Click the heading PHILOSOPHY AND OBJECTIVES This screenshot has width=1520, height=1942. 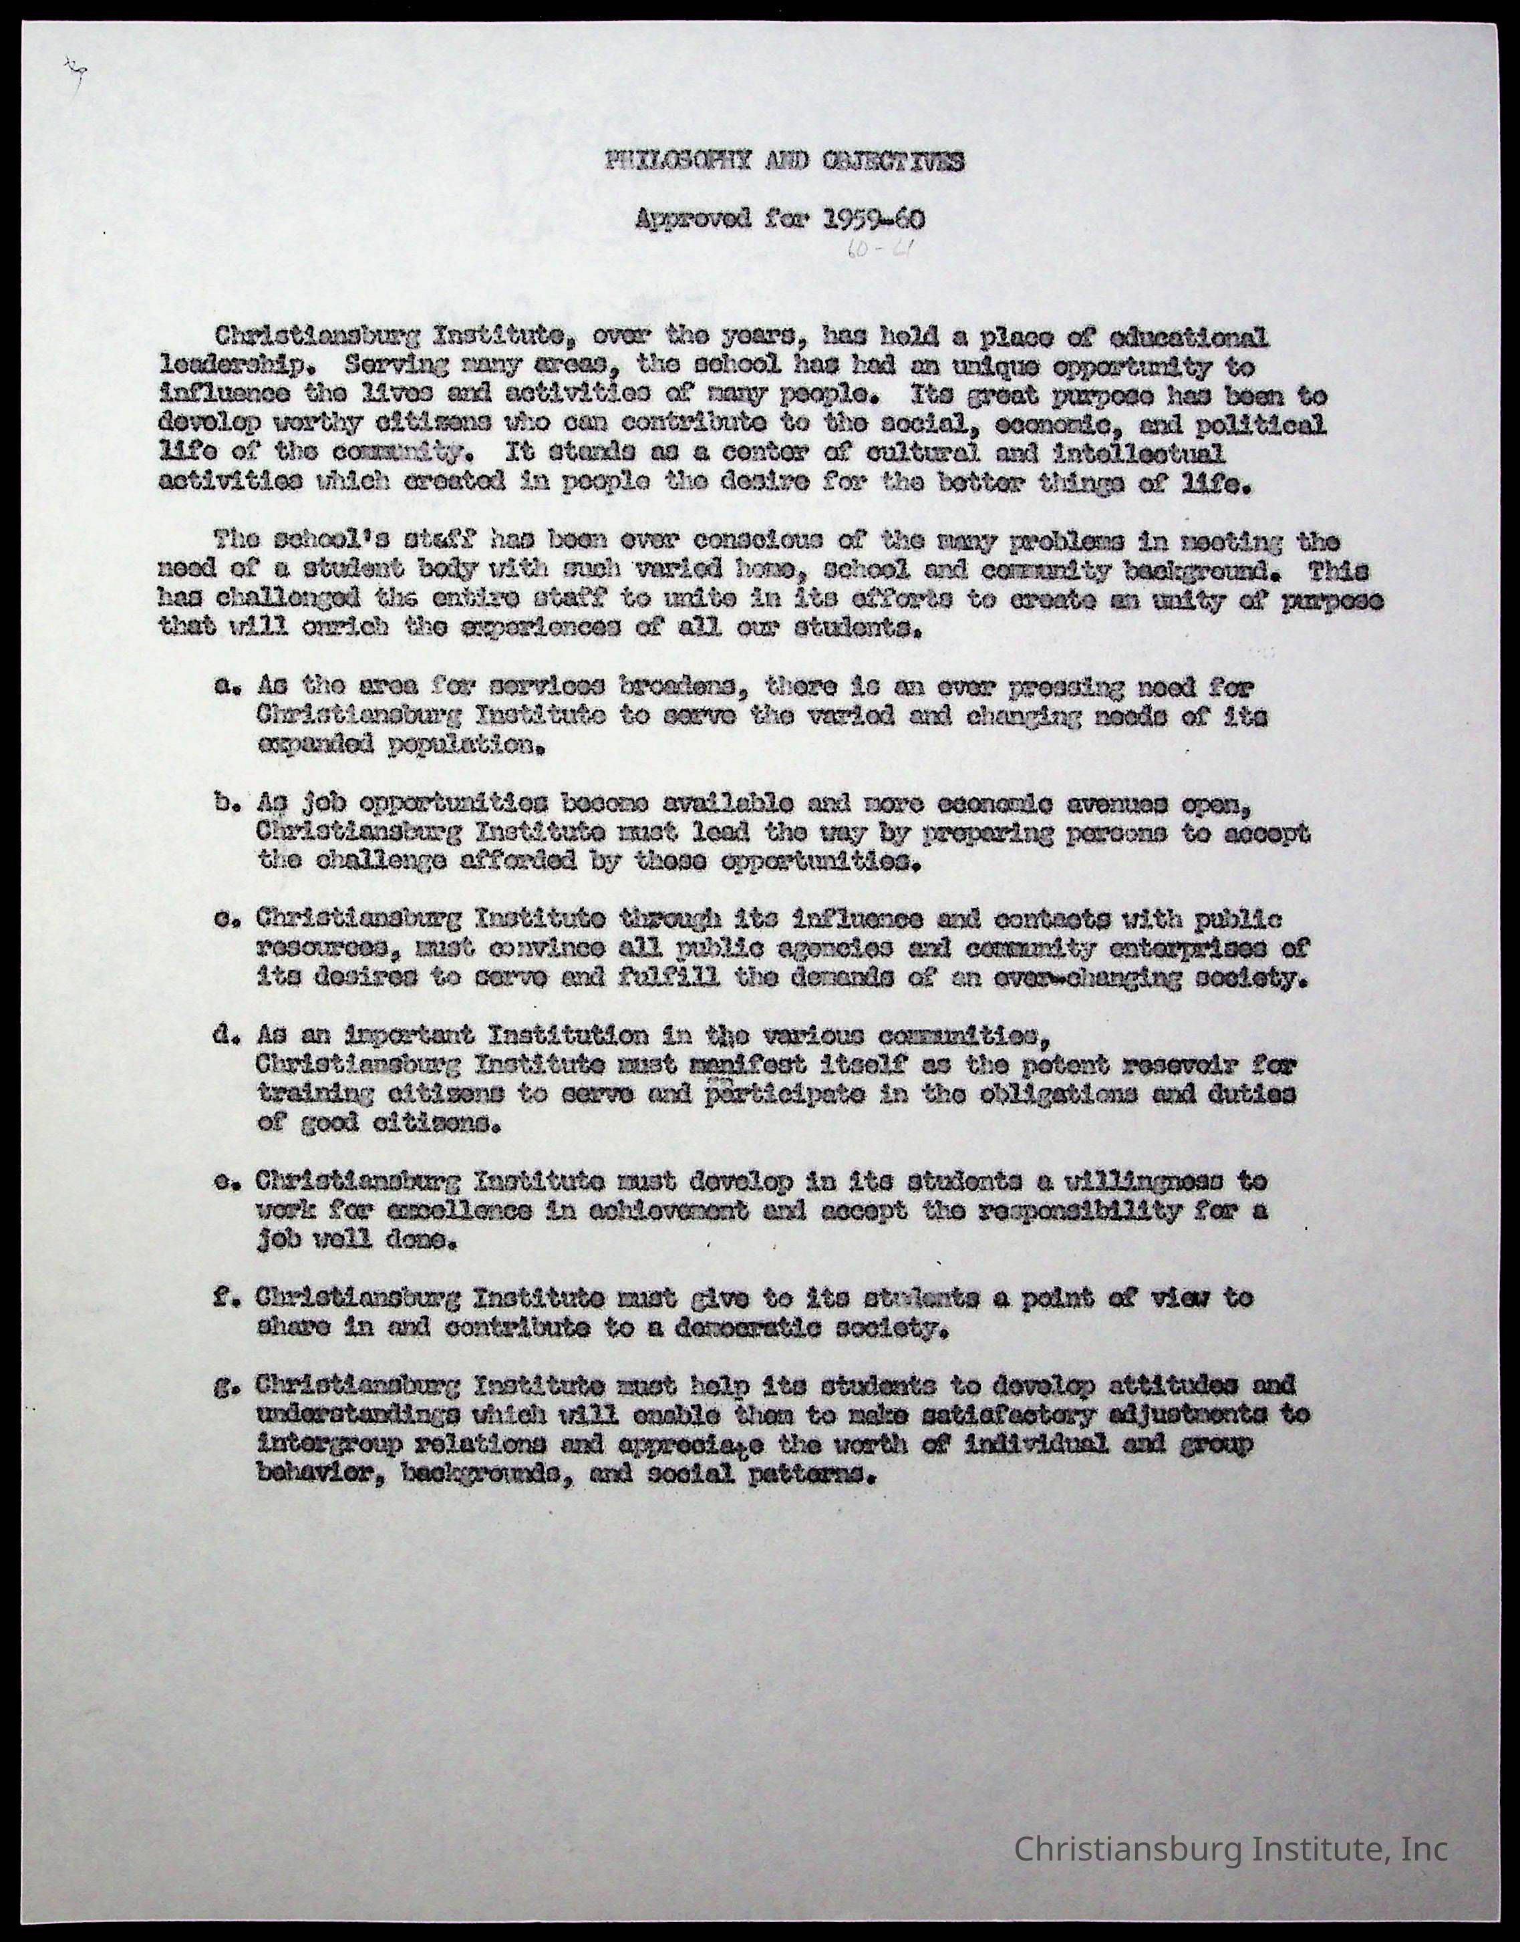(x=783, y=162)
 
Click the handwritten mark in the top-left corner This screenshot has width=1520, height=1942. (x=75, y=69)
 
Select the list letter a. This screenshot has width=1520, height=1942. (x=223, y=687)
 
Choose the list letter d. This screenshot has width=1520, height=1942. (x=223, y=1035)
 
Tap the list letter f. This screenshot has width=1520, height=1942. (x=223, y=1298)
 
